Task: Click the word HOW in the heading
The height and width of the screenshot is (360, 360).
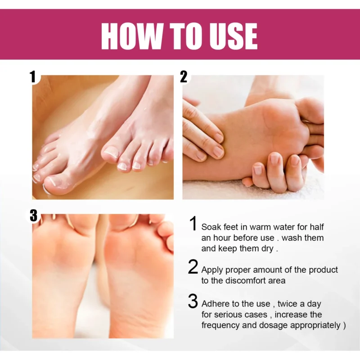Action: click(x=130, y=36)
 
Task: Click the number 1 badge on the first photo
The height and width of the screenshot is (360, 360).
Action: click(x=33, y=77)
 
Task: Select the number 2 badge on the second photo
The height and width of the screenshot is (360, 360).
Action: click(x=184, y=77)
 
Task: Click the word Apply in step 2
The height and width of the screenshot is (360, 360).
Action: click(x=212, y=270)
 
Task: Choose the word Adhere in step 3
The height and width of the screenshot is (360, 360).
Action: click(x=215, y=303)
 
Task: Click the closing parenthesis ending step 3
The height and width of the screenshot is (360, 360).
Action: click(x=338, y=325)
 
